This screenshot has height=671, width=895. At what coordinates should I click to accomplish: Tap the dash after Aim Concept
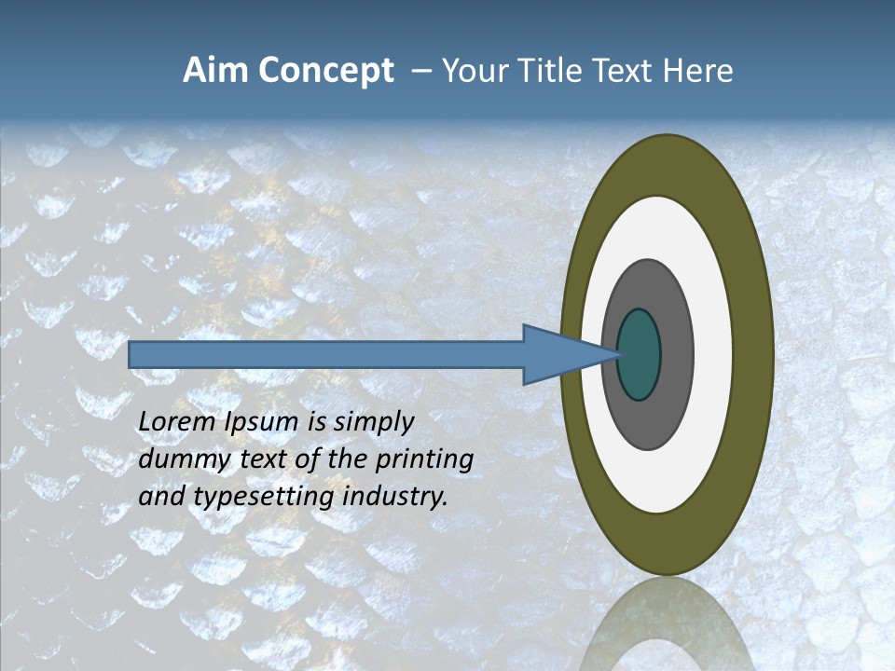pyautogui.click(x=420, y=72)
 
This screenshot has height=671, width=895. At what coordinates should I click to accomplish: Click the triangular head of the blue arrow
pyautogui.click(x=559, y=354)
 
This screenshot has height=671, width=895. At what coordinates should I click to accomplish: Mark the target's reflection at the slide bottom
pyautogui.click(x=666, y=624)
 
